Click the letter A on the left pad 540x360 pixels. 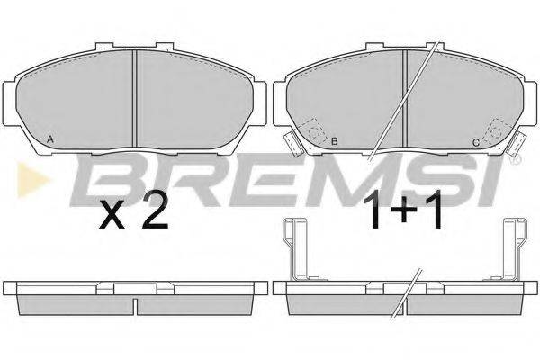click(49, 139)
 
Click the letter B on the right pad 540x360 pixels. click(334, 141)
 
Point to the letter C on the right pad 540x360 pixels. click(475, 143)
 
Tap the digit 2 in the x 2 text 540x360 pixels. click(155, 211)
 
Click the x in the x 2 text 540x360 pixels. click(112, 216)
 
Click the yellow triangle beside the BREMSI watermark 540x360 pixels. click(33, 179)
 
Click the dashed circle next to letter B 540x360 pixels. click(314, 132)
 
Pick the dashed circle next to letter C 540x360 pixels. click(496, 131)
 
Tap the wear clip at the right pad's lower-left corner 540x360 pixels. click(292, 143)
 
